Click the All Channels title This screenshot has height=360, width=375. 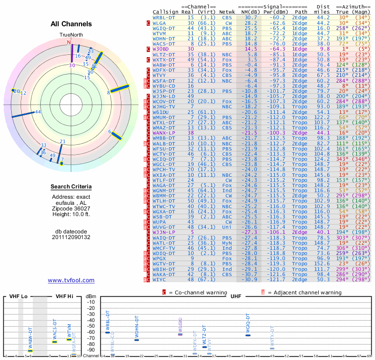tap(71, 24)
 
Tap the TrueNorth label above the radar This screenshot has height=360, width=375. tap(71, 35)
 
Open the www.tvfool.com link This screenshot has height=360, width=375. tap(71, 280)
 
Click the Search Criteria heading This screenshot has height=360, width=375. tap(71, 187)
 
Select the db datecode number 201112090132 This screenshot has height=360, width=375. tap(71, 237)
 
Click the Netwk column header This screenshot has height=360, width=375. tap(227, 11)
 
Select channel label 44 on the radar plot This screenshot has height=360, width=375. tap(38, 112)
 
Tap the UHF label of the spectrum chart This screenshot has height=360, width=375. tap(236, 297)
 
